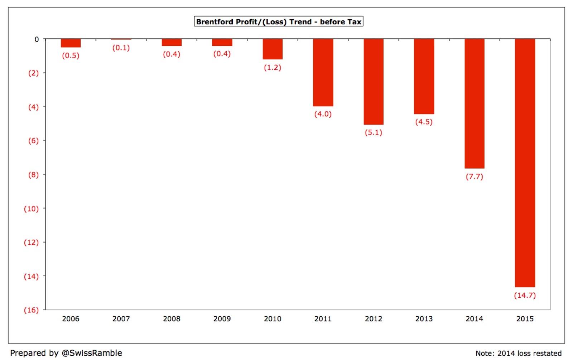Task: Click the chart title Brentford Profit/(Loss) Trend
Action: tap(279, 22)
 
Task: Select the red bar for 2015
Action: tap(525, 163)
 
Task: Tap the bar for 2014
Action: tap(475, 103)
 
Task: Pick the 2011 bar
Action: tap(323, 72)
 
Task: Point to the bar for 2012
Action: tap(374, 82)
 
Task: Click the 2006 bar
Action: tap(71, 43)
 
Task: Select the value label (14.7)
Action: tap(525, 296)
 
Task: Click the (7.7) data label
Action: tap(475, 177)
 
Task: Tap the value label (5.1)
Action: tap(374, 132)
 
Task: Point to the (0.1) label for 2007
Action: tap(121, 48)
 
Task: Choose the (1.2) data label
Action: tap(273, 68)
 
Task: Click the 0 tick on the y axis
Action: tap(37, 39)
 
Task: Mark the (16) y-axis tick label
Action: tap(31, 310)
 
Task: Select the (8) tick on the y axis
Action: tap(34, 175)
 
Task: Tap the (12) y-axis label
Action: tap(31, 242)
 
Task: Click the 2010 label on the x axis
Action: tap(273, 319)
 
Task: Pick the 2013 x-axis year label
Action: tap(424, 319)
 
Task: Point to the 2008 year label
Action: tap(172, 319)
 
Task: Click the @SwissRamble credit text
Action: tap(92, 353)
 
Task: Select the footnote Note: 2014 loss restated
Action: tap(519, 353)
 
